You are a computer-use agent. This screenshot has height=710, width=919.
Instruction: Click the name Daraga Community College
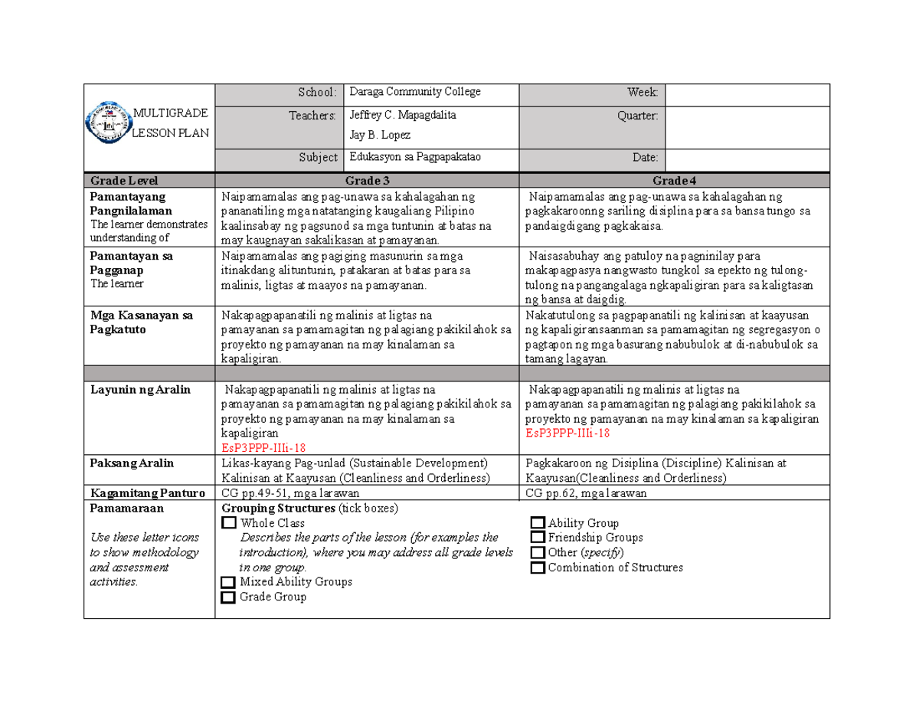tap(414, 92)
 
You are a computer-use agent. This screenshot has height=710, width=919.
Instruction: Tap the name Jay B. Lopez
tap(379, 135)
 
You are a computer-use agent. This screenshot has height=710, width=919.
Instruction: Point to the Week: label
tap(643, 93)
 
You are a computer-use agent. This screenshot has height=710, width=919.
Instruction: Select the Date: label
tap(645, 157)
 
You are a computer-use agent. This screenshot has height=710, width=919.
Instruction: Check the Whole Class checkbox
tap(228, 523)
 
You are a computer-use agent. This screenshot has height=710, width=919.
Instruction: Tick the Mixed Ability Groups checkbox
tap(228, 582)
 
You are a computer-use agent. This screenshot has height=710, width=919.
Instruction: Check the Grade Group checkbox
tap(228, 597)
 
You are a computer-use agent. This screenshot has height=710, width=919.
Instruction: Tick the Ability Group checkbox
tap(538, 523)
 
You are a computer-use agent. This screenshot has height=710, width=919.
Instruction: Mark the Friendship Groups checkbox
tap(538, 538)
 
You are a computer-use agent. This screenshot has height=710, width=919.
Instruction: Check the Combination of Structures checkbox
tap(538, 568)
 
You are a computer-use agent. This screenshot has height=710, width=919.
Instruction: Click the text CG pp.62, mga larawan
tap(587, 493)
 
